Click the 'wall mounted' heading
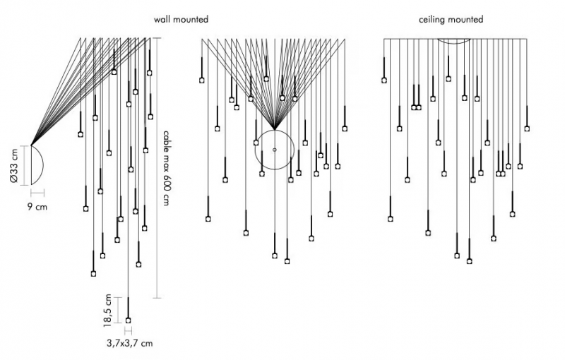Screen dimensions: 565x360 pos(181,19)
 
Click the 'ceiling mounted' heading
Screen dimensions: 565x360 pos(451,20)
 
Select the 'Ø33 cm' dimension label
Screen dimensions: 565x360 pos(13,166)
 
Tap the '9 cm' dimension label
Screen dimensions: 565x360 pos(37,207)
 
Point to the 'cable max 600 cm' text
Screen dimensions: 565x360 pos(166,168)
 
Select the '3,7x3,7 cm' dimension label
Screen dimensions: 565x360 pos(130,344)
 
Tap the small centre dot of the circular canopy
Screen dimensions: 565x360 pos(275,150)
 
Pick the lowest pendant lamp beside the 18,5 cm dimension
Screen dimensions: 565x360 pos(128,320)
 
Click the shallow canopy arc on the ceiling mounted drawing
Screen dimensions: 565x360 pos(454,42)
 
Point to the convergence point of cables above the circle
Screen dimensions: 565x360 pos(275,130)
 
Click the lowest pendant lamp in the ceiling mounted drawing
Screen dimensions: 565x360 pos(469,261)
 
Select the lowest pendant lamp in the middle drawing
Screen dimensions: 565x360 pos(287,261)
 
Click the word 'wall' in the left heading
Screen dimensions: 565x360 pos(162,19)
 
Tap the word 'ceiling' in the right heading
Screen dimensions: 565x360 pos(431,20)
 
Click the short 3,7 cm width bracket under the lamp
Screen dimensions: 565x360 pos(129,330)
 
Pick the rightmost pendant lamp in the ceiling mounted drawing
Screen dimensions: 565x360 pos(527,128)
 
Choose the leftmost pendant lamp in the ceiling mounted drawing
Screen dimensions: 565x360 pos(384,80)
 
